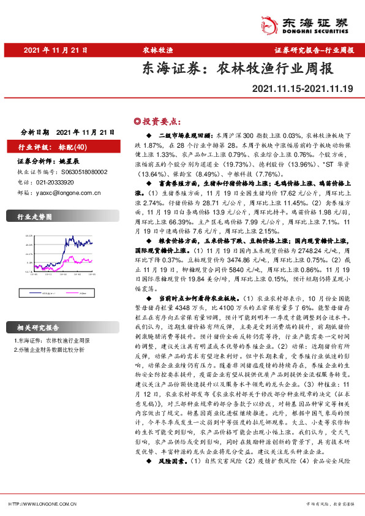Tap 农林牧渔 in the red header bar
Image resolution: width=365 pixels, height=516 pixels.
(x=157, y=50)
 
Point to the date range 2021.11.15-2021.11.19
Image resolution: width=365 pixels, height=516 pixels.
(x=303, y=90)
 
